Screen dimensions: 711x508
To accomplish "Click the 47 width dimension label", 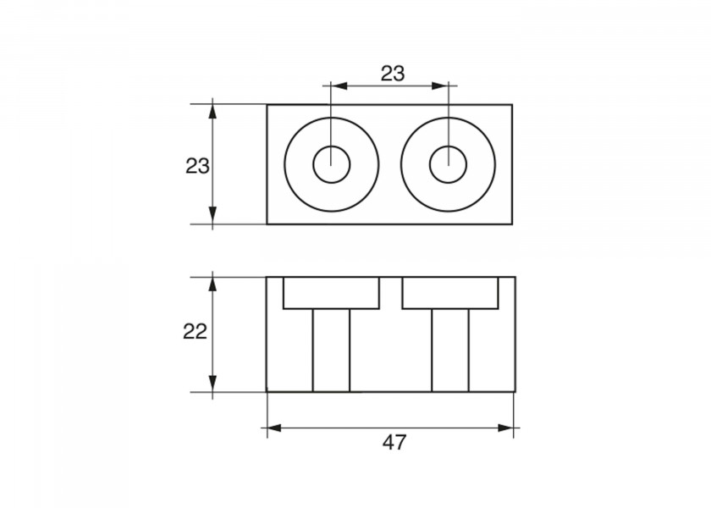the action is [x=394, y=443].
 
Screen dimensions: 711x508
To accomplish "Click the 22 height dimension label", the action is [x=195, y=332].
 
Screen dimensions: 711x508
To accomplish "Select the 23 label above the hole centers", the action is [x=392, y=74].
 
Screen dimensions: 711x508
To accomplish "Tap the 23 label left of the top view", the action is [x=197, y=167].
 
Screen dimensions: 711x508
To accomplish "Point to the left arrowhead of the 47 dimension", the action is [x=274, y=428].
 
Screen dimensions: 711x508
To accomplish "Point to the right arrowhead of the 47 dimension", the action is [x=505, y=428].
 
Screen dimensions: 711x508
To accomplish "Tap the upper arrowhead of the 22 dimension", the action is [x=212, y=284].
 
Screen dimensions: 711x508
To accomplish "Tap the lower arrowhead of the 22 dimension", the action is [x=212, y=384].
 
